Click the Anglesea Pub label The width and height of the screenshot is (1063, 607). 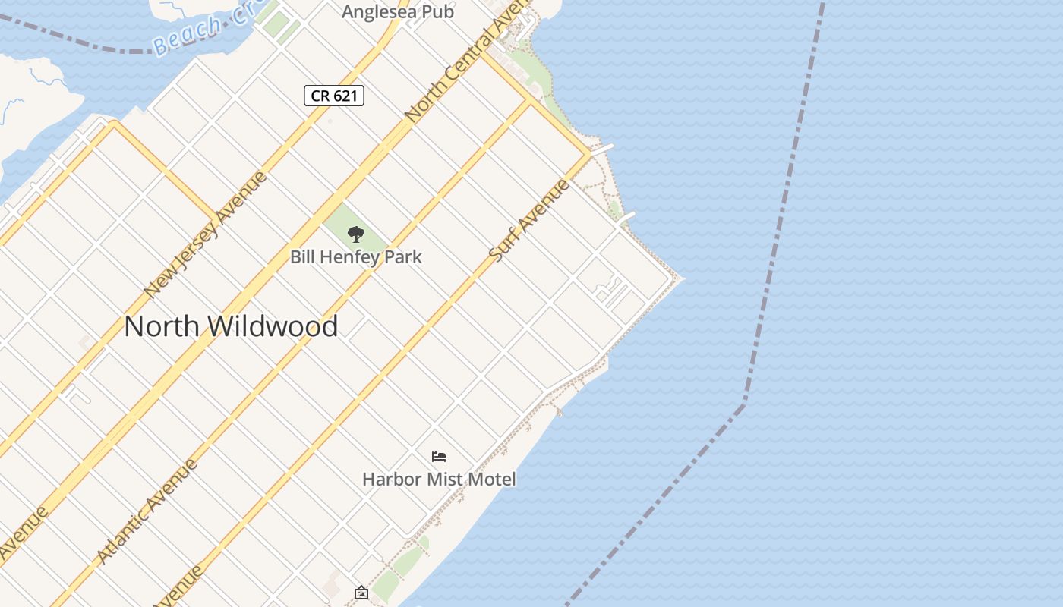(397, 12)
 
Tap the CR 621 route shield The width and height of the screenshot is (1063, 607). (334, 96)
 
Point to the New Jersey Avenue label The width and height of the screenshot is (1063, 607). (206, 234)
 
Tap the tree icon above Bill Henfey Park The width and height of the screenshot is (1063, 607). (355, 234)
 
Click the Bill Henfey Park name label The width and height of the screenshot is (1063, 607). (355, 257)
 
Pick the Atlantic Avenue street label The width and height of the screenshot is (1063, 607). (147, 511)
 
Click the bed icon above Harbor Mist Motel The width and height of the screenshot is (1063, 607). (439, 456)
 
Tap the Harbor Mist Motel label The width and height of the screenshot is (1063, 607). (439, 480)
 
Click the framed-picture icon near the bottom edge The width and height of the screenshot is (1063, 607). (361, 593)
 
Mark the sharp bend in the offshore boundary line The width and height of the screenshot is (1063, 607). (743, 401)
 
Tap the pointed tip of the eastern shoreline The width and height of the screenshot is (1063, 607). (681, 278)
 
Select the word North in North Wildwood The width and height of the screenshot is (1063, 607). (161, 326)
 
